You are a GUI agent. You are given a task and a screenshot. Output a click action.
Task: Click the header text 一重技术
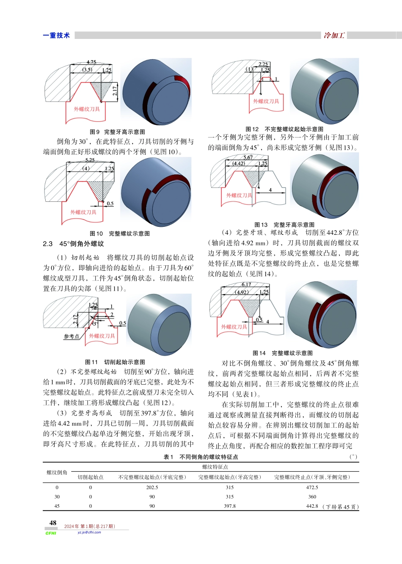[56, 36]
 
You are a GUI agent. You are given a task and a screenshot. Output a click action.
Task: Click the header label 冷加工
[334, 36]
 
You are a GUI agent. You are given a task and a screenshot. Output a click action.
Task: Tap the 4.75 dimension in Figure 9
[91, 62]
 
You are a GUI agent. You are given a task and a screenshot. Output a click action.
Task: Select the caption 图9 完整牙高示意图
[117, 132]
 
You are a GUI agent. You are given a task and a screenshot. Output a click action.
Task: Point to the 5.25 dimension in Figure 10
[90, 160]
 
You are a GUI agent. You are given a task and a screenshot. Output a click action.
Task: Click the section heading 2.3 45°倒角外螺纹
[73, 244]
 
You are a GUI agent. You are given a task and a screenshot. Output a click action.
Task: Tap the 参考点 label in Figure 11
[71, 336]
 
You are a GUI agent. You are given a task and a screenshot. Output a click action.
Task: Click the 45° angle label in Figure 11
[94, 324]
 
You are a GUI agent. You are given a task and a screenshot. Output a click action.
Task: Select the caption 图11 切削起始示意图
[115, 362]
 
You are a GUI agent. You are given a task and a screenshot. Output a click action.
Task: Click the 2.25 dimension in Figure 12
[263, 64]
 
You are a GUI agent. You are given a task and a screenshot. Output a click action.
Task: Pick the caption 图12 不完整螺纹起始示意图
[284, 129]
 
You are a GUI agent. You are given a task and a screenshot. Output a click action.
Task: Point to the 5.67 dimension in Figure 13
[248, 157]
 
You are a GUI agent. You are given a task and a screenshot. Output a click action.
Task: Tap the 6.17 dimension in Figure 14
[246, 285]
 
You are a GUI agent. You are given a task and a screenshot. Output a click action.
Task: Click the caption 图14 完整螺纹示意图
[283, 353]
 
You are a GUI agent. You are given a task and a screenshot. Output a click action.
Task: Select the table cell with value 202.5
[152, 487]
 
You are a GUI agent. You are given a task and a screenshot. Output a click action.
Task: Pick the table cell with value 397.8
[230, 506]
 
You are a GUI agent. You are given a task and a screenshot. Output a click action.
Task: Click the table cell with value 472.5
[312, 487]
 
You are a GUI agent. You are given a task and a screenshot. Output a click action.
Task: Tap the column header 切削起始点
[91, 477]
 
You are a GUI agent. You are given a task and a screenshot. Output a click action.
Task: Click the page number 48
[53, 523]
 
